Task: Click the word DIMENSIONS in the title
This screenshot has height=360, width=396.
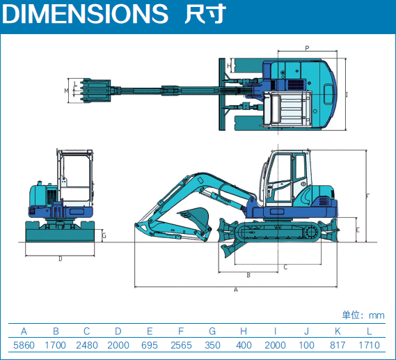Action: (85, 14)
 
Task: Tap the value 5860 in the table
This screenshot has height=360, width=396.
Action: (24, 345)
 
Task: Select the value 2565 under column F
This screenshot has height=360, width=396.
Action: (181, 345)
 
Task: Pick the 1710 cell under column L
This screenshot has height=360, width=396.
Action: (370, 345)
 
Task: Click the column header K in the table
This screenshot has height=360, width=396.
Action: (338, 331)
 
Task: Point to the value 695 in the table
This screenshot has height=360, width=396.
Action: (150, 345)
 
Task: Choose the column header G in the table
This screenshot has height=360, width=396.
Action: (212, 331)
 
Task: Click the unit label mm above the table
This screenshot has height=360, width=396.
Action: (377, 315)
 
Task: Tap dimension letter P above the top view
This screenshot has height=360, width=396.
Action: (307, 48)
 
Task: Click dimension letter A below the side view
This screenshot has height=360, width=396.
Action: (236, 290)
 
